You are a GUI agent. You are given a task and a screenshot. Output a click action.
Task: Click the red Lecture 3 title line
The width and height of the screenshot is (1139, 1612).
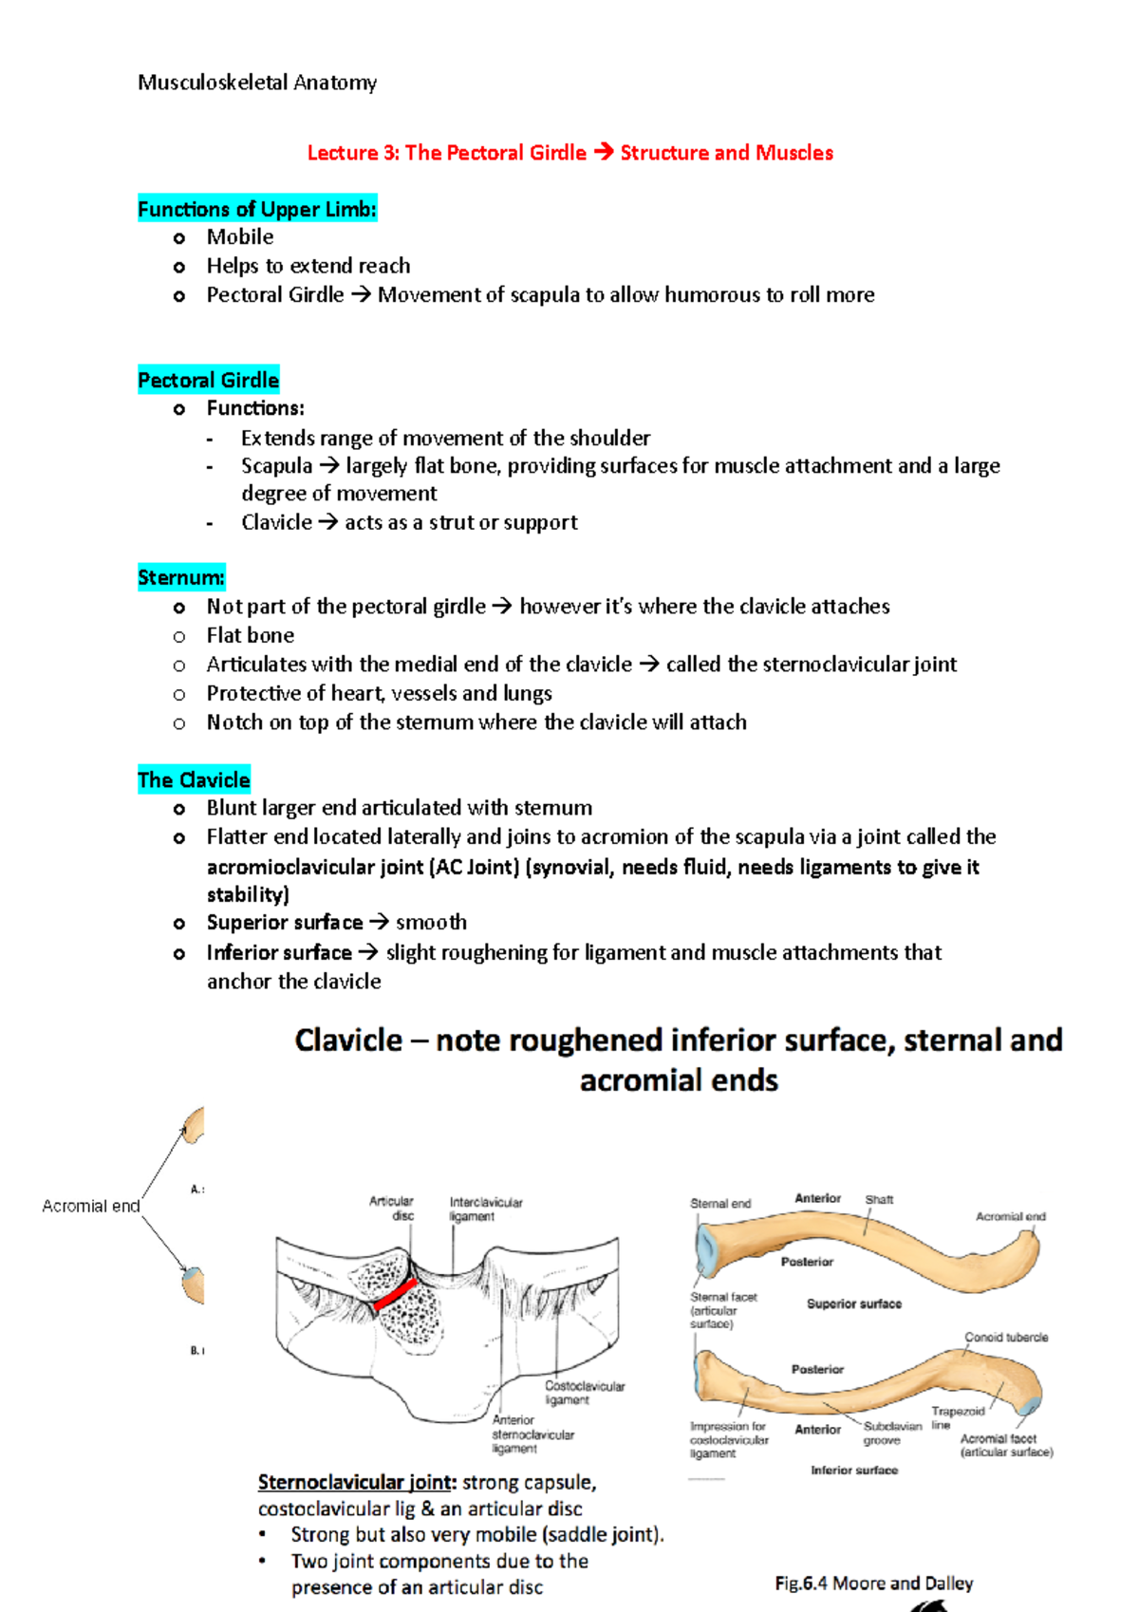coord(569,153)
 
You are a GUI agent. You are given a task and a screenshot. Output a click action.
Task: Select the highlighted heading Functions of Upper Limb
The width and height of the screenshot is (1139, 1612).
coord(256,209)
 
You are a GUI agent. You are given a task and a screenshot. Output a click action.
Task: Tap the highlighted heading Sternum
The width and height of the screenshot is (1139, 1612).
coord(180,577)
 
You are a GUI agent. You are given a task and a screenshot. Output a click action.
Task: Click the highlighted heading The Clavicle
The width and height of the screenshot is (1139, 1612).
coord(194,780)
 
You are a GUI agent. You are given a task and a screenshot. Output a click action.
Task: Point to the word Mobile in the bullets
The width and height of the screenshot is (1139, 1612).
coord(240,237)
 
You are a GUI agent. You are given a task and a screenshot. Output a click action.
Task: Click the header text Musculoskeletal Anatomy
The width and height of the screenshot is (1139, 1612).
coord(257,83)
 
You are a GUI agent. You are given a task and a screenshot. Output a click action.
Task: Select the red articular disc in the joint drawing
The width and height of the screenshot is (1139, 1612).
coord(396,1293)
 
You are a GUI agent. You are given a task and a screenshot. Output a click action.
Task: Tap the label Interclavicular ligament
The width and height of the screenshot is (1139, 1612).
coord(485,1209)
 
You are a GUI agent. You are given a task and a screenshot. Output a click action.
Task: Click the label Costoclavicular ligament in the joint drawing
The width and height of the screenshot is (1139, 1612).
coord(585,1393)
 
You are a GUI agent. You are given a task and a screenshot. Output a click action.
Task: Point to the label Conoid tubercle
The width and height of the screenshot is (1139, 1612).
coord(1006,1337)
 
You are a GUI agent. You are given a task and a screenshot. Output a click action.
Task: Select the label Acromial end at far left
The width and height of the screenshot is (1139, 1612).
coord(90,1206)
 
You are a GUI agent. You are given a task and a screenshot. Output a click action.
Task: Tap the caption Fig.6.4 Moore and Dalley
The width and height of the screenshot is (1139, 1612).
coord(873,1583)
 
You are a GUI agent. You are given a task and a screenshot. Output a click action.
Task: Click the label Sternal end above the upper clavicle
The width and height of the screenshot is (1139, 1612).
coord(720,1203)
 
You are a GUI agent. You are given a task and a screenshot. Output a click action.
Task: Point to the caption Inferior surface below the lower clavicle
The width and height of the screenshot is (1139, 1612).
coord(853,1470)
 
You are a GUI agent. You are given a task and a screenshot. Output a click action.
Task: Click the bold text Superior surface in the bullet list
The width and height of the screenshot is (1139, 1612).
coord(285,923)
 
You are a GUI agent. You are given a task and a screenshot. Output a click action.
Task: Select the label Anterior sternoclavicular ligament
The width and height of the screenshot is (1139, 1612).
coord(532,1434)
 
